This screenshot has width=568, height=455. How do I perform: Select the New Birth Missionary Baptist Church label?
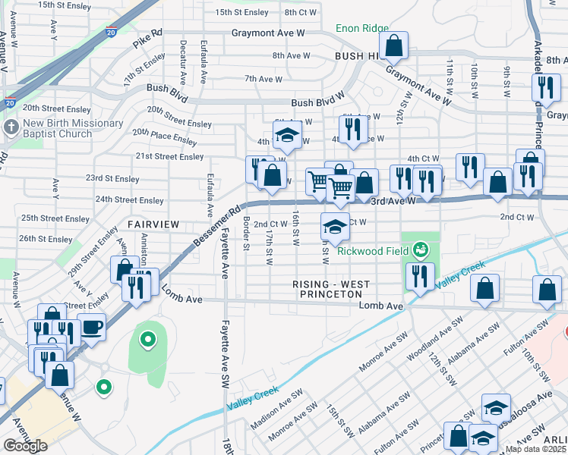[73, 128]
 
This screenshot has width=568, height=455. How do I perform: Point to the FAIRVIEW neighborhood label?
[153, 224]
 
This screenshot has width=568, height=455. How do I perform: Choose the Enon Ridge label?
[362, 28]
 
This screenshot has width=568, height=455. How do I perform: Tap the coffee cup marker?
[92, 327]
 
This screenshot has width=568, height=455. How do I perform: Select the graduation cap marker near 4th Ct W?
[287, 134]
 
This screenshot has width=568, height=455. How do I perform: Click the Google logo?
[26, 446]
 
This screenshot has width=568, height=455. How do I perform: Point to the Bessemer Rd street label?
[216, 225]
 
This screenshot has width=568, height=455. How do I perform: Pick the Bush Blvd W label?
[317, 103]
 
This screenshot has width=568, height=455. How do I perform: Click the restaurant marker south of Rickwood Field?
[418, 277]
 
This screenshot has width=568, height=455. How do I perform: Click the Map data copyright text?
[536, 449]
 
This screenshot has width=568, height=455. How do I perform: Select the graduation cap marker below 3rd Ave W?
[334, 226]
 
